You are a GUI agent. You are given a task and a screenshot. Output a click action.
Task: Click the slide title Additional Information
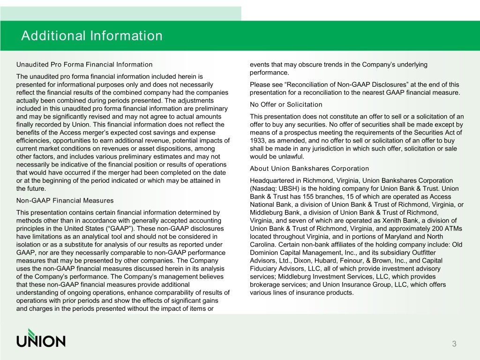(91, 36)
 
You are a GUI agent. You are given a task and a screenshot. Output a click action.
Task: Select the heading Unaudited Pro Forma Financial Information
(84, 64)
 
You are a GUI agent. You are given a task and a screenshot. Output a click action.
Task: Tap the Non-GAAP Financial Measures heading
(65, 201)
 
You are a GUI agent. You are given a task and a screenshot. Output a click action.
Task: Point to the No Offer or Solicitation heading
(286, 104)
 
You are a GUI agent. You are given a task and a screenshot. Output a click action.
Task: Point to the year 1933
(258, 140)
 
